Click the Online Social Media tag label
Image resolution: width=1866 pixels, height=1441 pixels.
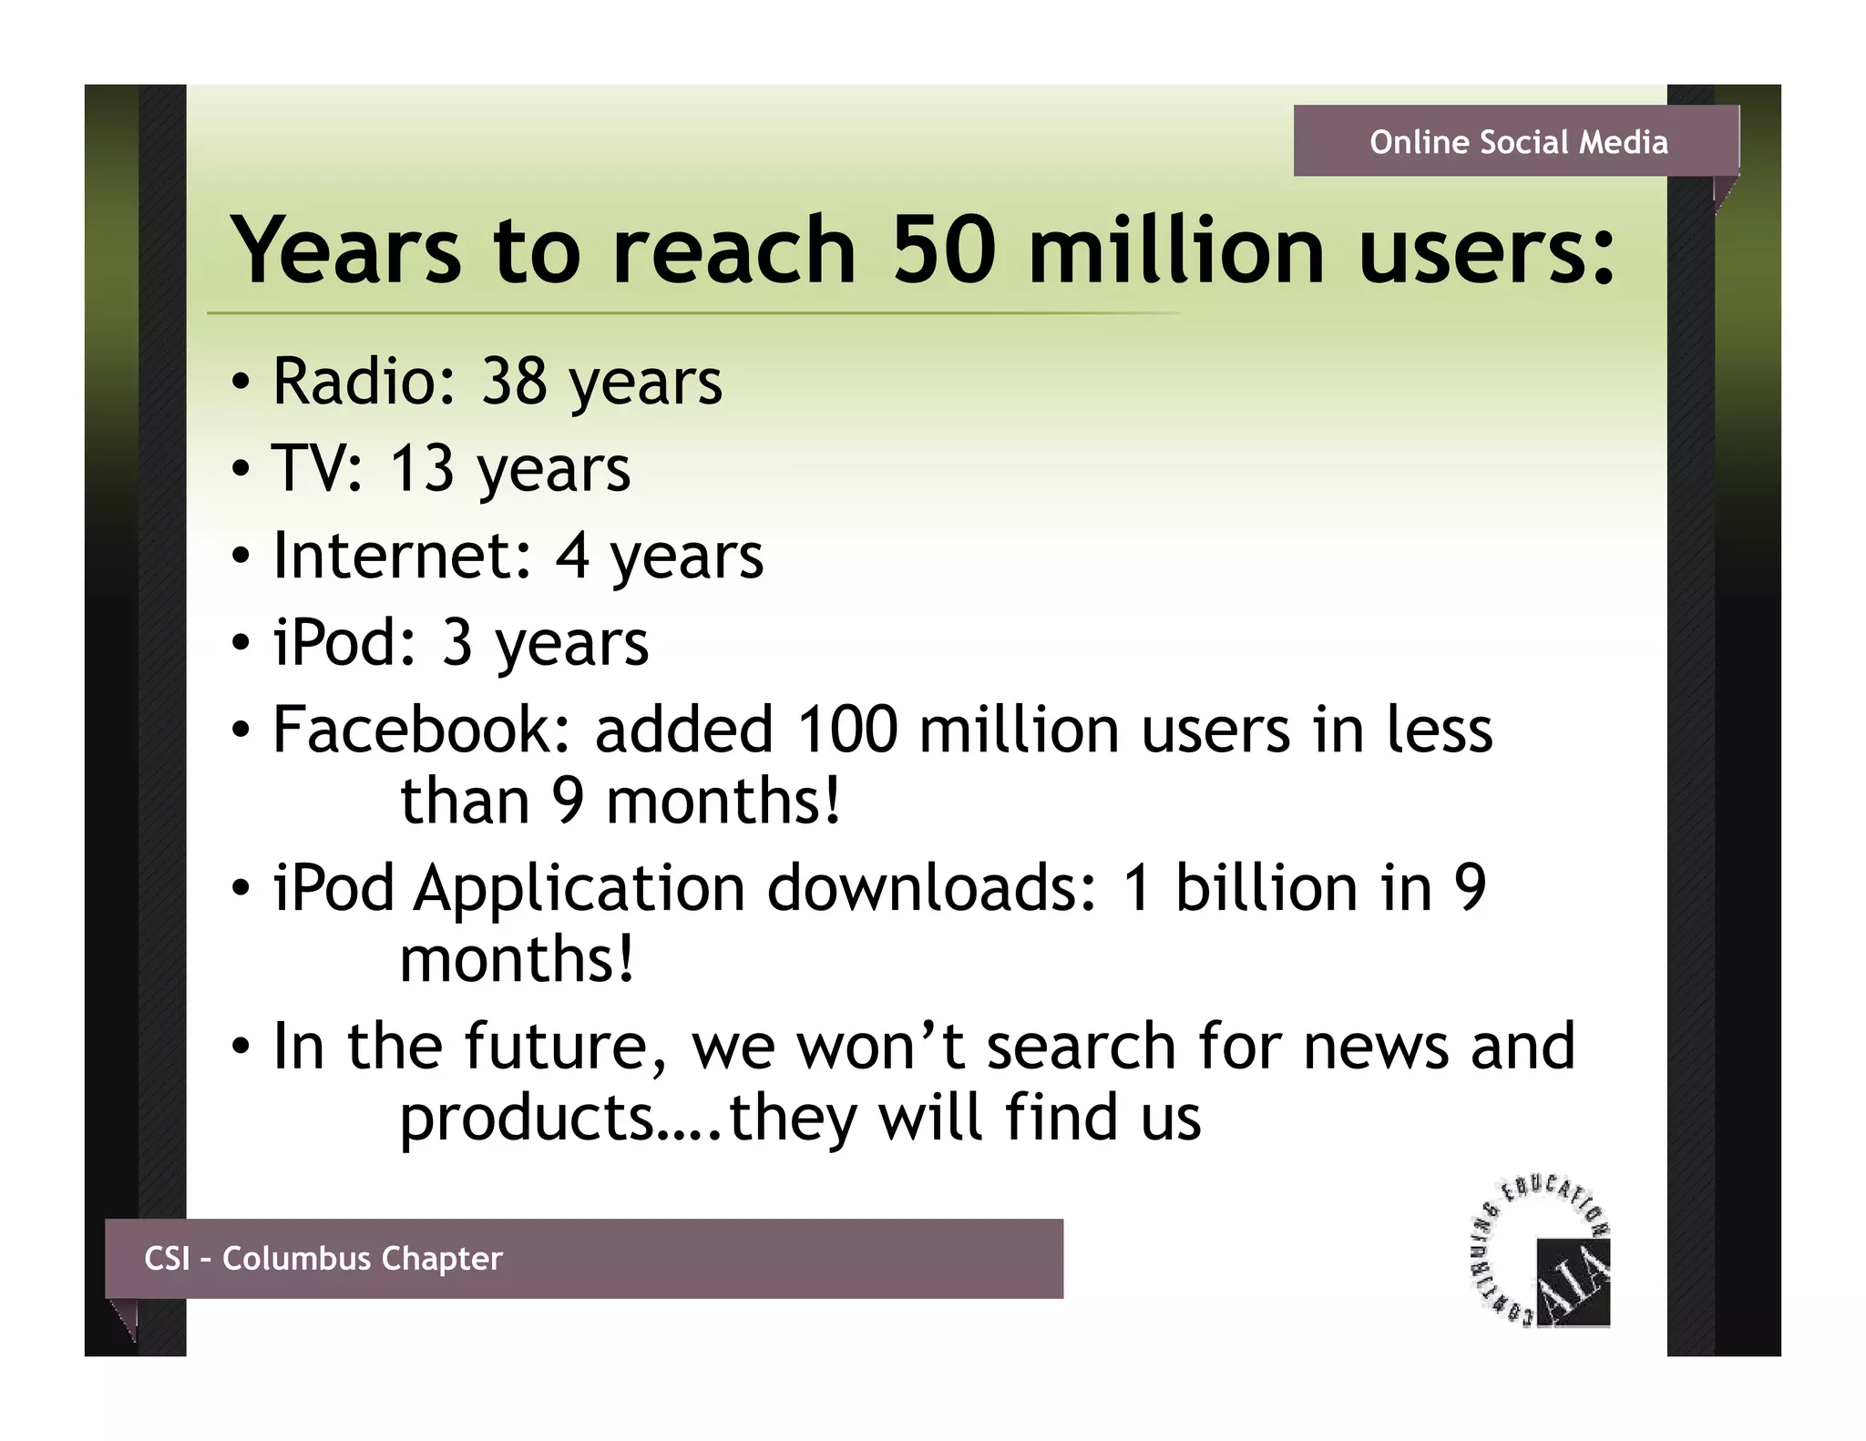pyautogui.click(x=1518, y=142)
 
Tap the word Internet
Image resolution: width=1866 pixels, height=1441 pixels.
pyautogui.click(x=401, y=555)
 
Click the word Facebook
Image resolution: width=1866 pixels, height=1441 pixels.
pyautogui.click(x=421, y=730)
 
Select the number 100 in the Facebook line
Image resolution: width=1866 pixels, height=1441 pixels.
pyautogui.click(x=846, y=730)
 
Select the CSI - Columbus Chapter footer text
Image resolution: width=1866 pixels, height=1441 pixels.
pyautogui.click(x=323, y=1259)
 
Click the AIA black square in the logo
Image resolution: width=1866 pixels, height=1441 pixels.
pyautogui.click(x=1573, y=1282)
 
